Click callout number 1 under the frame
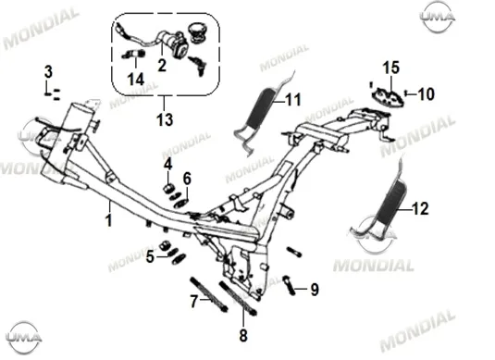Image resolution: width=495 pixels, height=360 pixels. pos(109,220)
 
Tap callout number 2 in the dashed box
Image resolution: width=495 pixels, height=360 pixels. pos(162,66)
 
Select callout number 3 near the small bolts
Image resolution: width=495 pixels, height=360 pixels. pos(48,71)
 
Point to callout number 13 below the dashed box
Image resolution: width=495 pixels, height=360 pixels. pos(165,119)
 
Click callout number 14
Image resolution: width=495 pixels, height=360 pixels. pos(136,80)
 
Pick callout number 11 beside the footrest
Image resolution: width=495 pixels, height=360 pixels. pos(293,100)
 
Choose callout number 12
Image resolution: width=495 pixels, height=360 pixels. pos(420,209)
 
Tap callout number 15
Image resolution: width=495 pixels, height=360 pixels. pos(391,68)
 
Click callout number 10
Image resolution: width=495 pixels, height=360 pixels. pos(426,94)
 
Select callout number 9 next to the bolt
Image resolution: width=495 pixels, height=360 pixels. pos(315,290)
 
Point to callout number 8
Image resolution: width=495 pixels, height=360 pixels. pos(243,336)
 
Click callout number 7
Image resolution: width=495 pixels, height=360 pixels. pos(194,301)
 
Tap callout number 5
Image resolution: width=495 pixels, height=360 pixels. pos(150,256)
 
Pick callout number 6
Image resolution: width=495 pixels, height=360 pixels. pos(187,179)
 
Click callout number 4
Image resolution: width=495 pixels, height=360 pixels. pos(168,164)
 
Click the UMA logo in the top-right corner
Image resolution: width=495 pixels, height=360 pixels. pos(438,17)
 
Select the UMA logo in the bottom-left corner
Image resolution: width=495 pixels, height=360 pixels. pos(24,337)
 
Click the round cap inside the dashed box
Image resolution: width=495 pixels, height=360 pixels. pos(198,32)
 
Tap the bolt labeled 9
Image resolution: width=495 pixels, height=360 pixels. pos(290,285)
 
